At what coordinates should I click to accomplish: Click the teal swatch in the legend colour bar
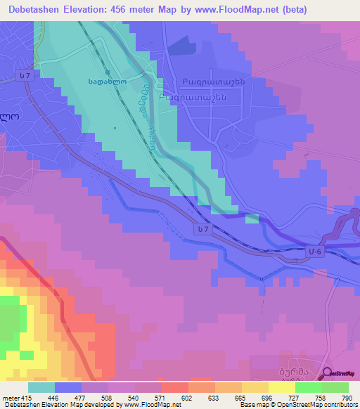41,387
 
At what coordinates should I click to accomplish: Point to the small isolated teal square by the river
252,219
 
